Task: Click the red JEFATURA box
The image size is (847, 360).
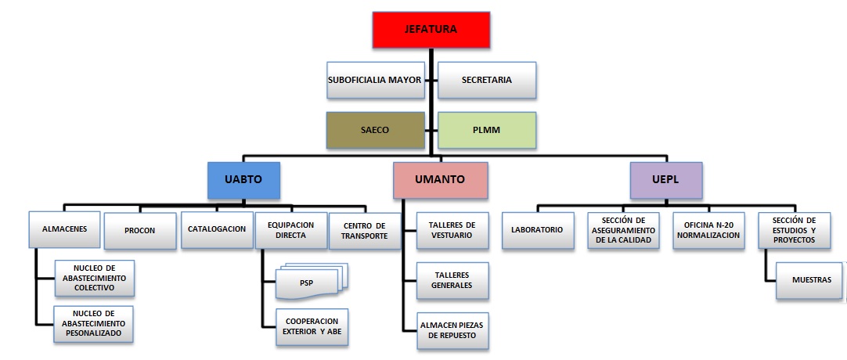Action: tap(431, 31)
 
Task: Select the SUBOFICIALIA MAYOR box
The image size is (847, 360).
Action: tap(374, 80)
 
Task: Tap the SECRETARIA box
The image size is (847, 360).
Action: tap(486, 80)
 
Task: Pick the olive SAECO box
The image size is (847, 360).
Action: tap(374, 131)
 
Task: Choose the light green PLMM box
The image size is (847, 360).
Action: tap(486, 131)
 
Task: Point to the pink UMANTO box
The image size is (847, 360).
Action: tap(439, 179)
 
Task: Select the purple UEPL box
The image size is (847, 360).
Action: tap(666, 179)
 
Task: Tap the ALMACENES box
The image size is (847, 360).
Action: tap(65, 230)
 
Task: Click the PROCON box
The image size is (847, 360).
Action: tap(139, 231)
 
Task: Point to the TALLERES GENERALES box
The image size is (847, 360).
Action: tap(452, 281)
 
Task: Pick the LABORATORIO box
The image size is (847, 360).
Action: tap(537, 231)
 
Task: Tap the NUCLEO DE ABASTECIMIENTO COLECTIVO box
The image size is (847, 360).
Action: tap(94, 278)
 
